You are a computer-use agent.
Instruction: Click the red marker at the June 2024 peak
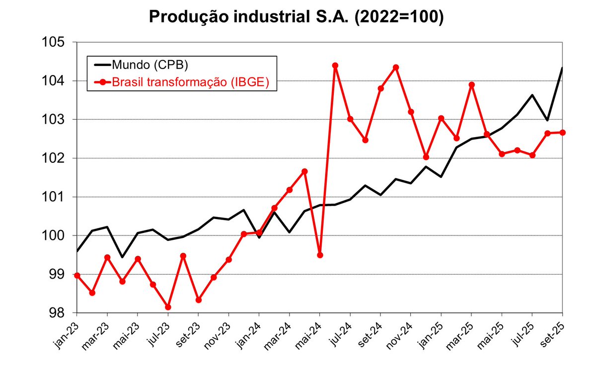point(335,66)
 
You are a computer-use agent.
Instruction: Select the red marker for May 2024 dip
point(320,255)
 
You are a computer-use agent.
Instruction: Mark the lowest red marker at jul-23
point(168,307)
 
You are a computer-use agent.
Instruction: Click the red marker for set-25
point(563,132)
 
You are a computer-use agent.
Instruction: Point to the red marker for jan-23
point(77,275)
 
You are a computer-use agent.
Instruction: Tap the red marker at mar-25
point(472,85)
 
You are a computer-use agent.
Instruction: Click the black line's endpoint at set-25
point(562,68)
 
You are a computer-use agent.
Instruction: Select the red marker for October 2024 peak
point(396,68)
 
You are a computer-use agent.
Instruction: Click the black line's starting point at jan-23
point(77,251)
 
